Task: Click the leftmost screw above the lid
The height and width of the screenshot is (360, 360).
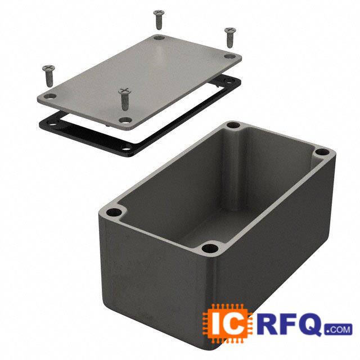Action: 49,76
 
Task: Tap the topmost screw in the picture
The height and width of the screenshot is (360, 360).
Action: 159,20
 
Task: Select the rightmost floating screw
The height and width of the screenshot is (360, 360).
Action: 230,38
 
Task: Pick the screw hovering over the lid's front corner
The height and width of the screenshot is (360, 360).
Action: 125,99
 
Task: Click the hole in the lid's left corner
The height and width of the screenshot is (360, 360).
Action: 50,96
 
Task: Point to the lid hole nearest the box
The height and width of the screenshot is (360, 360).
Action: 125,120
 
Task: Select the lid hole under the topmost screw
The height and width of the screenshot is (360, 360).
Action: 159,38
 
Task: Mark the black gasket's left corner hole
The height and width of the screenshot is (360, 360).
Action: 51,125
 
